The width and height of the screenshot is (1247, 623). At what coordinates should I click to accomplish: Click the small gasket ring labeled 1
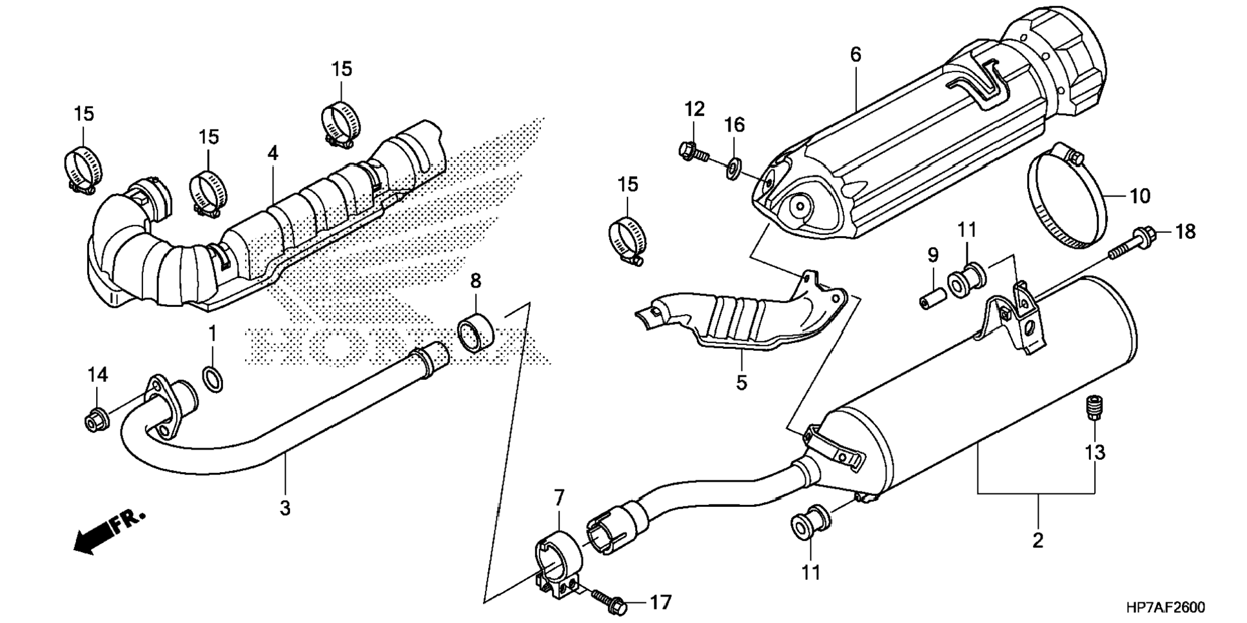click(x=213, y=379)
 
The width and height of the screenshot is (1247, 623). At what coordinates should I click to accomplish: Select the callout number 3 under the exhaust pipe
click(x=285, y=508)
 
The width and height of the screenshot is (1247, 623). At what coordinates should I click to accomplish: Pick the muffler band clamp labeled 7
click(x=556, y=562)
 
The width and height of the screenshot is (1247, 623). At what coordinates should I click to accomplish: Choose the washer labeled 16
click(x=733, y=170)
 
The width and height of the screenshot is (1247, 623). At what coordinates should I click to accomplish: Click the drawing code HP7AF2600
click(x=1165, y=608)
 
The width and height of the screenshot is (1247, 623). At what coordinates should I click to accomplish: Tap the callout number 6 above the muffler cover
click(x=855, y=55)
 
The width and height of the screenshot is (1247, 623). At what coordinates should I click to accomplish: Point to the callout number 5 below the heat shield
click(x=741, y=382)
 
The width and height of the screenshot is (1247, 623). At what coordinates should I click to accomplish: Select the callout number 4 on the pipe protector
click(x=273, y=153)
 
